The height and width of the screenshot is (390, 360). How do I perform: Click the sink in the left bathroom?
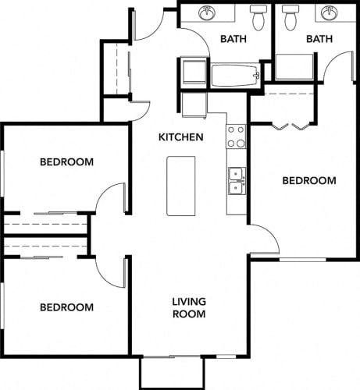point(208,14)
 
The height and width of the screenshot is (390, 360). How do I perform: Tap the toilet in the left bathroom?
point(258,17)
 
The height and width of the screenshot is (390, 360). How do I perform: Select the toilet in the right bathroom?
point(291,17)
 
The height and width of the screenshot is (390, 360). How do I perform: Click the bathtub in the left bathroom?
point(234,75)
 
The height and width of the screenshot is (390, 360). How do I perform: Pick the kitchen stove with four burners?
point(236,137)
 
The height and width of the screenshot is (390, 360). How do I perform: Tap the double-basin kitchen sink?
point(236,180)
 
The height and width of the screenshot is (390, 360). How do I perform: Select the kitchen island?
point(180,186)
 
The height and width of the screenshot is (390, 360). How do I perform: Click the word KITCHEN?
point(181,137)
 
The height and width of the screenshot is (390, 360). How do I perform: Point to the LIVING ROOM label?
point(188,308)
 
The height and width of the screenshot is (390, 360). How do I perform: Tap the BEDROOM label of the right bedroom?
point(308,181)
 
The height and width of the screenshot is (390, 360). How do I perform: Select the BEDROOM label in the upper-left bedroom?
point(66,162)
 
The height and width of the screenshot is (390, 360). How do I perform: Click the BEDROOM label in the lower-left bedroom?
point(66,307)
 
